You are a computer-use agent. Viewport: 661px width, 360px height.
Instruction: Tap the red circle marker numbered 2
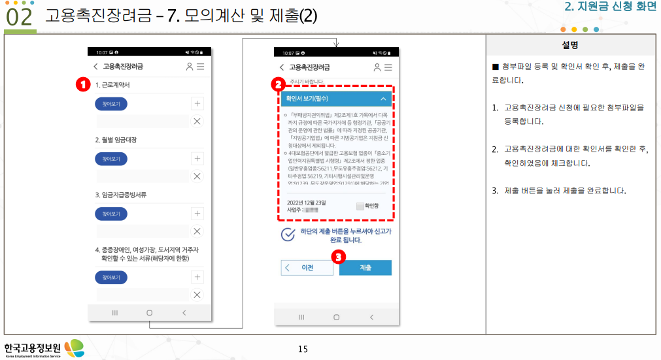[278, 84]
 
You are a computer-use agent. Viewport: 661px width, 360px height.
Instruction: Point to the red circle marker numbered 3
[337, 257]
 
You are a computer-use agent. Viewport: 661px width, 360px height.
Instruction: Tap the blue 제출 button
[365, 268]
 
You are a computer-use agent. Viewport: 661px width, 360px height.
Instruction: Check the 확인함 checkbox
[360, 206]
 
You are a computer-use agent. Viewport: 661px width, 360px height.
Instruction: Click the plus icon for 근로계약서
[197, 103]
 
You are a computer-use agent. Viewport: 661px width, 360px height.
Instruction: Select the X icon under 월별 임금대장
[197, 176]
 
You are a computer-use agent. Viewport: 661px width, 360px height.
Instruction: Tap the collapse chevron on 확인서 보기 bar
[383, 99]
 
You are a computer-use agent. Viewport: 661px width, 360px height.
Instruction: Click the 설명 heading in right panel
[570, 45]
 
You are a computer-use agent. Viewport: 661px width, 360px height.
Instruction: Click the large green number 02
[19, 18]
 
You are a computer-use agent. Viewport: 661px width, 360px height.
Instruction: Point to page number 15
[303, 349]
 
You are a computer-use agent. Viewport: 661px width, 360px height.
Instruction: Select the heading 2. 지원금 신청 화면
[609, 8]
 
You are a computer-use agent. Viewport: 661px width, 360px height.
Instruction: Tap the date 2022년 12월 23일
[307, 203]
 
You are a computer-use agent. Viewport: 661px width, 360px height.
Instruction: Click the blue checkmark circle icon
[287, 235]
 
